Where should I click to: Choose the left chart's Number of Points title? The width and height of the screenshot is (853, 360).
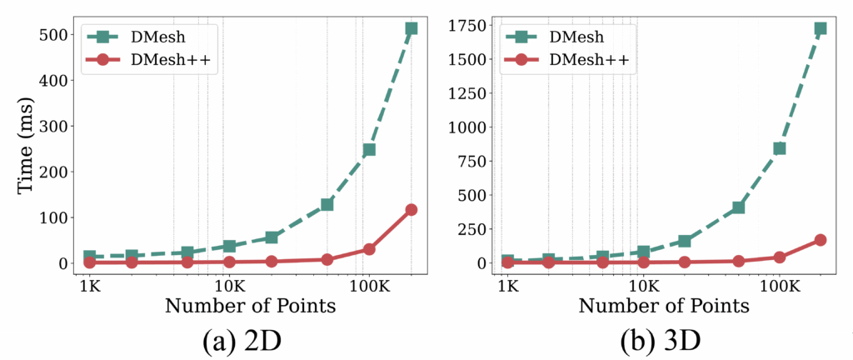point(250,306)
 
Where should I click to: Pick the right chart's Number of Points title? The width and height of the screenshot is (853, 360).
point(664,306)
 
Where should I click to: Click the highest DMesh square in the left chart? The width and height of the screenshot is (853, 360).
point(411,28)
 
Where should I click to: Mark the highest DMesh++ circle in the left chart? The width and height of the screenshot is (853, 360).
point(411,209)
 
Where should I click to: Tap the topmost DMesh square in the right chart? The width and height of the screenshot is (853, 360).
point(820,28)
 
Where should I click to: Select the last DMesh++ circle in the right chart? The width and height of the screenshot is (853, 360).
point(820,240)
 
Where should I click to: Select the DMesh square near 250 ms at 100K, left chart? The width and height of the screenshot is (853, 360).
point(368,150)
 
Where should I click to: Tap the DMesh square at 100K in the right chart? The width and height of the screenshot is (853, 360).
point(780,148)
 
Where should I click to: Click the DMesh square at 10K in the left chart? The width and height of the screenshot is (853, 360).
point(230,246)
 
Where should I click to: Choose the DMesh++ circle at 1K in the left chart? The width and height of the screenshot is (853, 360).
point(90,262)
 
